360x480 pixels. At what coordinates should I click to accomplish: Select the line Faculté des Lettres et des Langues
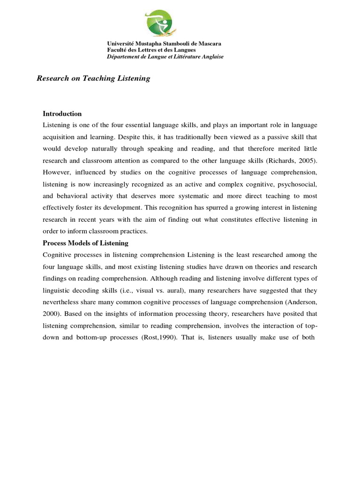[151, 50]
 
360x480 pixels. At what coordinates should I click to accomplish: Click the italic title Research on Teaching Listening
[93, 78]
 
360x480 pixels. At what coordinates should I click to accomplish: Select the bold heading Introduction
[62, 113]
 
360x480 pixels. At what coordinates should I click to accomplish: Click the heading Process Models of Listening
[85, 243]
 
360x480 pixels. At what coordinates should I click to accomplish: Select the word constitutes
[237, 219]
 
